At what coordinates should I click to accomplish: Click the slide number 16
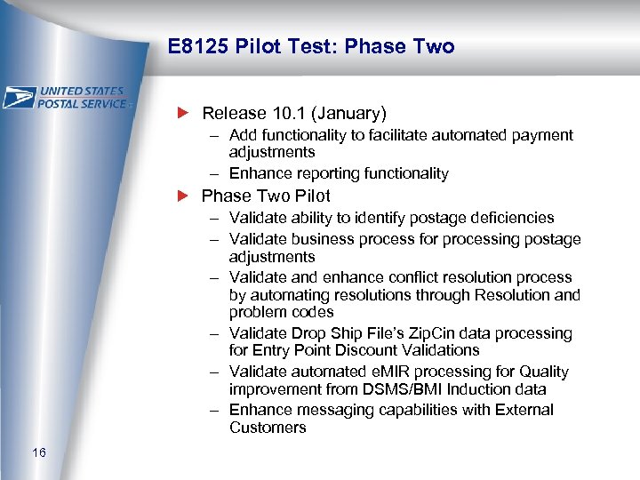coord(38,454)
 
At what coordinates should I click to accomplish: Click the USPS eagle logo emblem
coord(20,98)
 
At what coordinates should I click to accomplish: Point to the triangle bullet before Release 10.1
coord(184,113)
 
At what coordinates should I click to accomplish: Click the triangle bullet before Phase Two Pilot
coord(184,196)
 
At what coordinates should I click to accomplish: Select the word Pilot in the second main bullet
coord(309,196)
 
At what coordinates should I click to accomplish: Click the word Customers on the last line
coord(268,428)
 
